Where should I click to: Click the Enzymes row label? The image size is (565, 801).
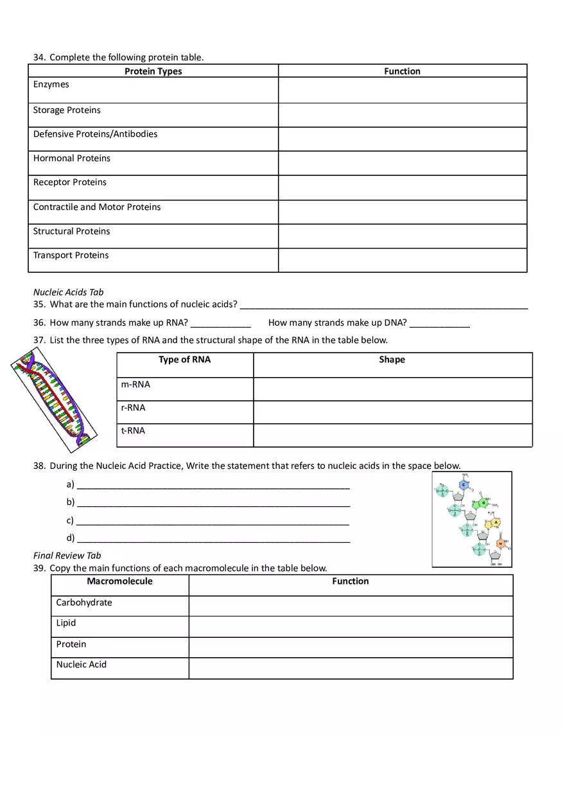[51, 85]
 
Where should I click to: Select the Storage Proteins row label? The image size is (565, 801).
[67, 110]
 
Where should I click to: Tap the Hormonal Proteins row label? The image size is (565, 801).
[72, 159]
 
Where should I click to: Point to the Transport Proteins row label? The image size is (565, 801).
[71, 256]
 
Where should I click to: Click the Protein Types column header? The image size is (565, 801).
[153, 71]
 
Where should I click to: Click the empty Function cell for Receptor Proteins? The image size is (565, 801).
[403, 188]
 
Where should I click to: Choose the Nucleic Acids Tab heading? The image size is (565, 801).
[69, 292]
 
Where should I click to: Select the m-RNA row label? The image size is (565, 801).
[135, 385]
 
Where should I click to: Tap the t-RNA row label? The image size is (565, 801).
[133, 431]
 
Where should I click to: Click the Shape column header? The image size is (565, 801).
[392, 360]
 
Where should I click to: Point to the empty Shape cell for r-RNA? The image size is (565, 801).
[392, 412]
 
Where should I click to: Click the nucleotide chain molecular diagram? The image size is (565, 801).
[472, 519]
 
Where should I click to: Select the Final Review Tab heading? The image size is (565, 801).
[67, 556]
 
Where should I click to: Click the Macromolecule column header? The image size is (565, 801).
[120, 581]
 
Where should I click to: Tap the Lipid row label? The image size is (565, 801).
[66, 623]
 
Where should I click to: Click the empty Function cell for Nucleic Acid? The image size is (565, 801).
[351, 668]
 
